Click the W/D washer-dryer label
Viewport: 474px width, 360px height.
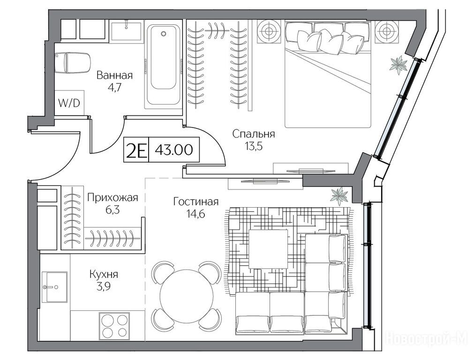tap(69, 103)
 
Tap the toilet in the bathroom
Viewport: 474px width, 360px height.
tap(73, 62)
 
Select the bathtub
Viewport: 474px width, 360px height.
tap(163, 64)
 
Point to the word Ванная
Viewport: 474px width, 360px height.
tap(114, 75)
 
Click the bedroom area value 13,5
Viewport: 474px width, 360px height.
tap(254, 146)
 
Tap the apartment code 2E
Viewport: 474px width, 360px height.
tap(136, 150)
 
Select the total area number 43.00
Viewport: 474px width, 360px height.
tap(174, 150)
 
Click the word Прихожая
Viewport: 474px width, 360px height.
tap(113, 198)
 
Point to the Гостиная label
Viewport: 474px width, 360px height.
tap(196, 202)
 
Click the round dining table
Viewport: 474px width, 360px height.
tap(187, 296)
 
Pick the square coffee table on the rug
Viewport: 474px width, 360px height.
tap(268, 249)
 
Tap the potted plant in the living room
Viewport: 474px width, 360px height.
tap(340, 196)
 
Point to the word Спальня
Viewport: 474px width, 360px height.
tap(254, 134)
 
